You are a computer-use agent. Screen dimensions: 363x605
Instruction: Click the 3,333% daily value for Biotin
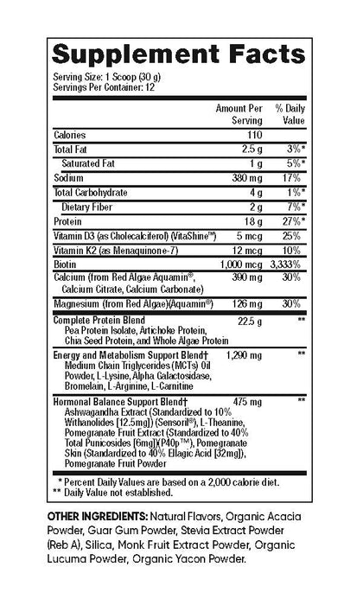[286, 261]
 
